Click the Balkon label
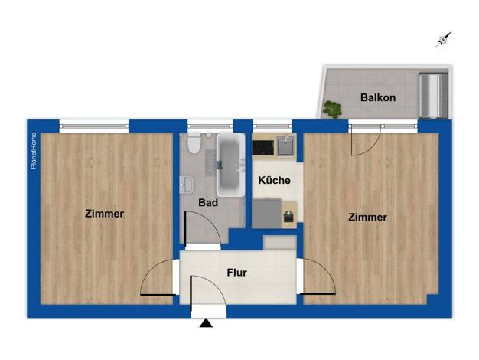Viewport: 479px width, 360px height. pos(378,97)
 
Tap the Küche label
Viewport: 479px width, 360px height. pos(274,180)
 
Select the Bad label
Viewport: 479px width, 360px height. pos(208,202)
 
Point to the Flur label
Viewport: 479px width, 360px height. pos(236,273)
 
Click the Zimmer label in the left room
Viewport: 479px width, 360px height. pos(105,214)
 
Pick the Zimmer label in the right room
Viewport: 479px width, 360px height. pos(367,218)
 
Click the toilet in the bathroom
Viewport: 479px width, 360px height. pos(194,143)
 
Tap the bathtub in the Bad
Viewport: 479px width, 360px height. pos(230,165)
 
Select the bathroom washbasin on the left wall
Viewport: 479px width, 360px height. pos(187,185)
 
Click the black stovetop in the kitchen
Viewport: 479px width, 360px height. pos(263,147)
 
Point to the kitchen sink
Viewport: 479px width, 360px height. pos(286,146)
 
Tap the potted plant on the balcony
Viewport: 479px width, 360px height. pos(332,110)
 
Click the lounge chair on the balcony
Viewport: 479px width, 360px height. pos(433,95)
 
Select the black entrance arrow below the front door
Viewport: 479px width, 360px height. pos(206,323)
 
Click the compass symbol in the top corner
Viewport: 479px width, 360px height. pos(443,40)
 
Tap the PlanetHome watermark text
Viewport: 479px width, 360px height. pos(34,150)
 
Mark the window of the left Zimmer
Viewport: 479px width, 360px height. pos(94,126)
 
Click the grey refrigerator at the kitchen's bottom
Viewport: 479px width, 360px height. pos(267,213)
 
